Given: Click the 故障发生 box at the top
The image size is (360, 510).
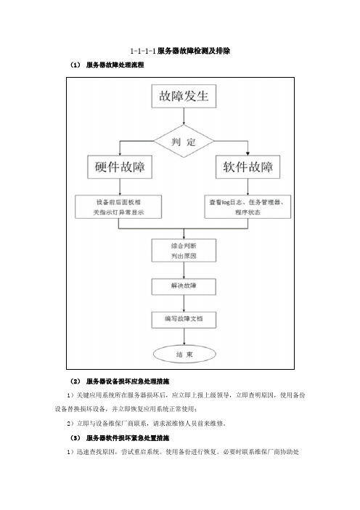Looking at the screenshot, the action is [x=184, y=97].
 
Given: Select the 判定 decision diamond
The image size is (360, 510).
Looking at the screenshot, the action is [x=184, y=142].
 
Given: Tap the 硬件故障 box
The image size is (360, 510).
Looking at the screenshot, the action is [x=120, y=167].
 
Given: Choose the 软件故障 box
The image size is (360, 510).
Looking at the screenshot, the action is [x=248, y=167].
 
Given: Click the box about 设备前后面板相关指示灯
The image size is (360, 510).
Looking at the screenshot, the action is [x=118, y=207].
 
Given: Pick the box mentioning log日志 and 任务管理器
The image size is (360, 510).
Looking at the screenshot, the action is [x=247, y=207].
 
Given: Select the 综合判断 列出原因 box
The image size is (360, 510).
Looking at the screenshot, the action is [x=184, y=251].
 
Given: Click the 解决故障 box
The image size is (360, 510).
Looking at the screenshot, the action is [x=184, y=286].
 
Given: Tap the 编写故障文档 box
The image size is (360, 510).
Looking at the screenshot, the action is [x=184, y=320].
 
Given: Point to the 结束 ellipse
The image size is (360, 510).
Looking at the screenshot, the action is [x=184, y=355].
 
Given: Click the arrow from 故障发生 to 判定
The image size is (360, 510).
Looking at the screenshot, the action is [x=184, y=116].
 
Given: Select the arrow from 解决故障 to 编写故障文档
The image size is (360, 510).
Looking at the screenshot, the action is [x=184, y=303].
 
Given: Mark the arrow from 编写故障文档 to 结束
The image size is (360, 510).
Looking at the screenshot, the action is [x=184, y=336].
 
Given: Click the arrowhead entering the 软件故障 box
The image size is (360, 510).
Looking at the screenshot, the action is [x=248, y=153].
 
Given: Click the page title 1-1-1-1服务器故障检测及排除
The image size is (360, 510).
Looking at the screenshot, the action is [x=180, y=51].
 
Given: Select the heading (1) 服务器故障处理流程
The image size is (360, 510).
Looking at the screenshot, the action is [x=107, y=65].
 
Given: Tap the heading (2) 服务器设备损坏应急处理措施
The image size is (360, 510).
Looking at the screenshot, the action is [x=120, y=381].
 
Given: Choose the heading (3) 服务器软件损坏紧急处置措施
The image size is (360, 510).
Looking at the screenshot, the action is [x=120, y=438].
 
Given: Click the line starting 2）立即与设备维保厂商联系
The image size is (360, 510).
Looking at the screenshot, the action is [x=147, y=424].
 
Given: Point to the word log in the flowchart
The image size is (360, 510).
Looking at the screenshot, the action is [x=226, y=202].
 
